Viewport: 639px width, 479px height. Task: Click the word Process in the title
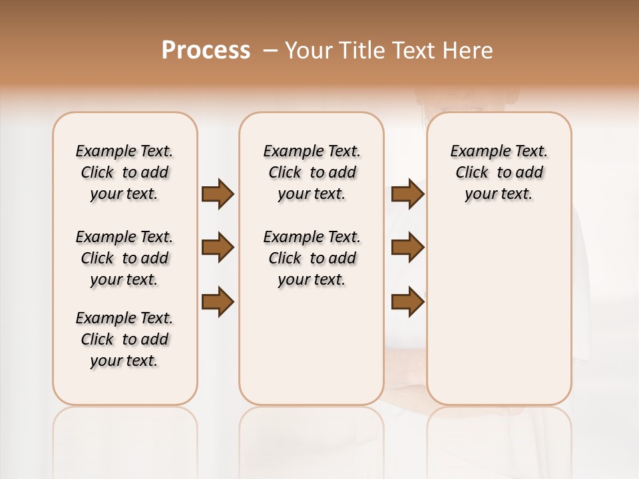pyautogui.click(x=206, y=51)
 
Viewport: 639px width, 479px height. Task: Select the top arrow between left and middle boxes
pyautogui.click(x=218, y=194)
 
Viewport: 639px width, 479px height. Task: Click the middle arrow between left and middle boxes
pyautogui.click(x=218, y=247)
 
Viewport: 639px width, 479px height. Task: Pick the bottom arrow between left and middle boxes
pyautogui.click(x=218, y=302)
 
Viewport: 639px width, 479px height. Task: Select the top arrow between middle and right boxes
pyautogui.click(x=407, y=194)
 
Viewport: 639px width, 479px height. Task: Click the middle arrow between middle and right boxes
pyautogui.click(x=407, y=247)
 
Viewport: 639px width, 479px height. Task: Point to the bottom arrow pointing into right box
pyautogui.click(x=407, y=302)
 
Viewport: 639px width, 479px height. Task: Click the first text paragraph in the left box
pyautogui.click(x=124, y=172)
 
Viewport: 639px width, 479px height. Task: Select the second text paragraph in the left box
pyautogui.click(x=124, y=258)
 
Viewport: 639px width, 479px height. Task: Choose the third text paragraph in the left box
pyautogui.click(x=124, y=339)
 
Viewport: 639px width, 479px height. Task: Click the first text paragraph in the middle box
pyautogui.click(x=312, y=172)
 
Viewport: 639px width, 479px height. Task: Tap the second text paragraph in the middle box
pyautogui.click(x=312, y=258)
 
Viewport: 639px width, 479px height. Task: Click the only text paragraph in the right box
pyautogui.click(x=499, y=172)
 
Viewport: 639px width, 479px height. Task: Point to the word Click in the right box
pyautogui.click(x=472, y=172)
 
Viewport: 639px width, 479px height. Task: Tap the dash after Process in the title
pyautogui.click(x=270, y=51)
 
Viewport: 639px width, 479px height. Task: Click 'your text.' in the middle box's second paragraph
pyautogui.click(x=312, y=280)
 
